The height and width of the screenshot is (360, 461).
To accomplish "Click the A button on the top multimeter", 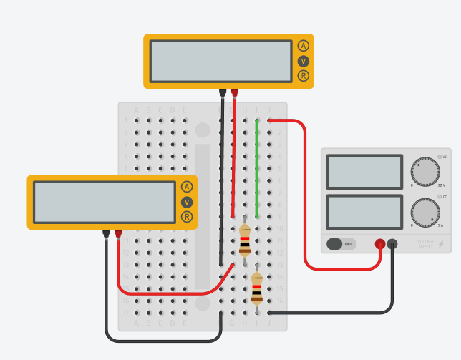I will pos(304,46).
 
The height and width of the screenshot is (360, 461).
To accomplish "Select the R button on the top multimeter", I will pos(304,76).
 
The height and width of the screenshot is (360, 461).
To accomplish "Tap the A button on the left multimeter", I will pos(187,187).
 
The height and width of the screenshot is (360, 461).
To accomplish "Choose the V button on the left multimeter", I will pos(187,202).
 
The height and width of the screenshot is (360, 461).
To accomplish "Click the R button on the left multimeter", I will pos(187,217).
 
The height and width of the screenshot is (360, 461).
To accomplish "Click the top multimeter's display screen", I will pos(221,61).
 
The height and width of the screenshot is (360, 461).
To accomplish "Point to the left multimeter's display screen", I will pos(104,202).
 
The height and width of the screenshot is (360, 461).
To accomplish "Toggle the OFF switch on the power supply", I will pos(342,244).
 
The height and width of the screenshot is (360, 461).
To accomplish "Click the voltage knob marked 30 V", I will pos(425,172).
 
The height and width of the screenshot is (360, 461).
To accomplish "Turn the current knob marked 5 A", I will pos(425,213).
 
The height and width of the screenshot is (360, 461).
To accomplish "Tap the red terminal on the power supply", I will pos(380,244).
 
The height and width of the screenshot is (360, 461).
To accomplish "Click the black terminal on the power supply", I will pos(392,244).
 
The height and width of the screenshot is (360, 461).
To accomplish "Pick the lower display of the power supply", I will pos(364,212).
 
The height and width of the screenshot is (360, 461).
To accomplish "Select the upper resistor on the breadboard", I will pos(245,240).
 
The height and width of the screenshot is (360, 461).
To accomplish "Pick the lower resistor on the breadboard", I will pos(257,288).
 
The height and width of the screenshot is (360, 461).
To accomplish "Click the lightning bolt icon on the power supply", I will pos(441,245).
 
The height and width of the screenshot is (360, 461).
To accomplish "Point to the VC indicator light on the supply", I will pos(439,157).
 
